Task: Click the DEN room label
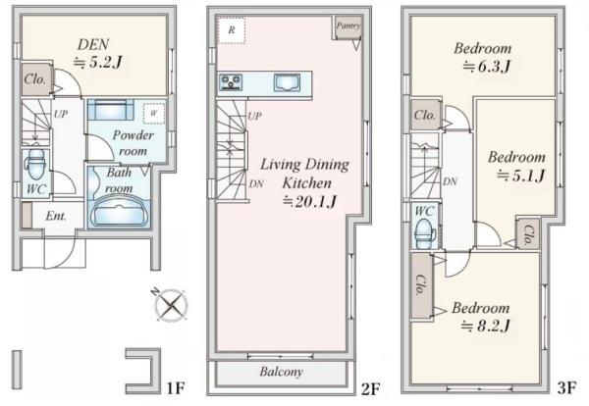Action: pos(93,45)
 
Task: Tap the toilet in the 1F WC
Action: pos(36,165)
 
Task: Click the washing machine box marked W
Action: pos(154,113)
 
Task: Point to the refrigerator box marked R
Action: pos(232,30)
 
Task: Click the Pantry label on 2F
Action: pos(348,25)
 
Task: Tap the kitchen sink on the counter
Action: pos(287,83)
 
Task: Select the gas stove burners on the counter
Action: pos(231,82)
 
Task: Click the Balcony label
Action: pos(282,372)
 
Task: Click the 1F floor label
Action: pos(176,388)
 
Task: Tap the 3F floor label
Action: pos(566,387)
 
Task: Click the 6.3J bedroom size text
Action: pos(486,67)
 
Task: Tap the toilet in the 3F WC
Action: pos(424,233)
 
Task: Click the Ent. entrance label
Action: pos(56,216)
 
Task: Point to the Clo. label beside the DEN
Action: pos(35,79)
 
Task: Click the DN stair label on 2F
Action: pos(256,183)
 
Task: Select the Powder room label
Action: pos(133,143)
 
